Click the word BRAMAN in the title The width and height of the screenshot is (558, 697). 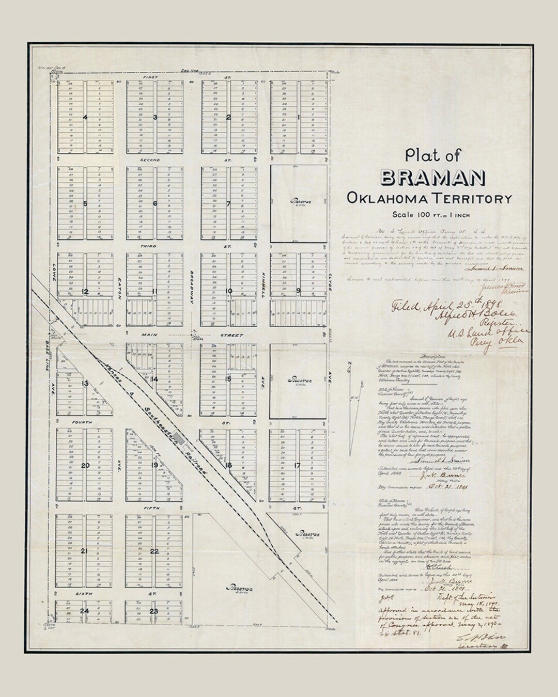(x=432, y=177)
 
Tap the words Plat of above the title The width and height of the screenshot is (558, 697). (x=432, y=155)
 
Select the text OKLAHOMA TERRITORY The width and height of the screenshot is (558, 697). (x=429, y=198)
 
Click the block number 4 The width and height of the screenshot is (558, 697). (x=85, y=117)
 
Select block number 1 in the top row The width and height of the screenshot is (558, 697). (x=299, y=117)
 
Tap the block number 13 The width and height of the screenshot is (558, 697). (x=84, y=383)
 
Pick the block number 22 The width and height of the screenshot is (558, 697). (x=154, y=551)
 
